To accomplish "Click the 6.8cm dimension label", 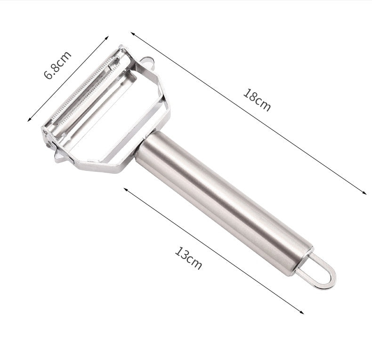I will pyautogui.click(x=58, y=65).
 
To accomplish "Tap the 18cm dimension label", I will pyautogui.click(x=257, y=100).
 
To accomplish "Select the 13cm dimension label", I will pyautogui.click(x=189, y=258).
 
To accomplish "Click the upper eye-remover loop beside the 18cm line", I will pyautogui.click(x=147, y=61).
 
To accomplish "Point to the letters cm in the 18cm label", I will pyautogui.click(x=263, y=104).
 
